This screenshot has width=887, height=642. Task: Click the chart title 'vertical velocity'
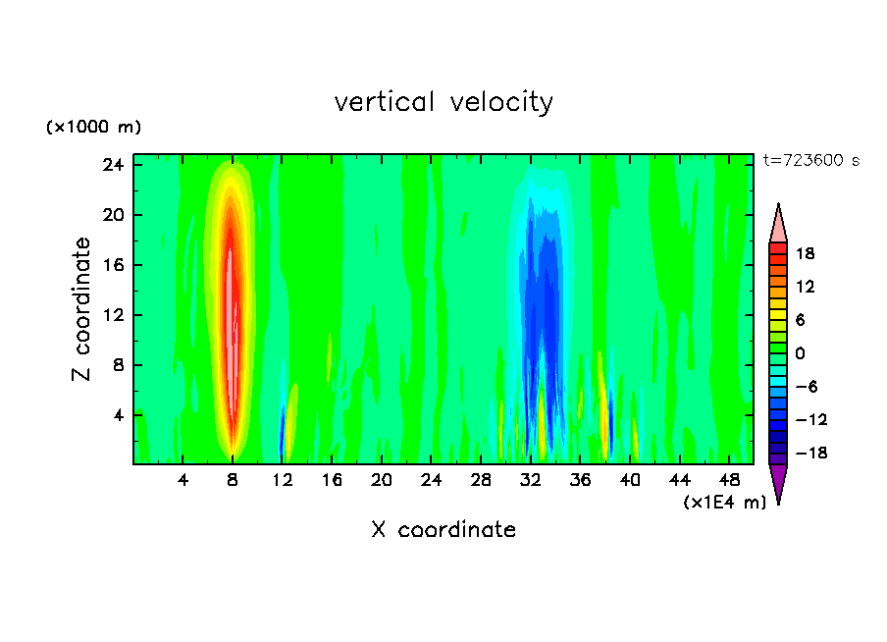pos(443,102)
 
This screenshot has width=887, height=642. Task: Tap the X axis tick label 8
pos(233,480)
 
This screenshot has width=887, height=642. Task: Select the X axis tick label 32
pos(531,480)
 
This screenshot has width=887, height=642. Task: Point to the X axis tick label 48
pos(729,480)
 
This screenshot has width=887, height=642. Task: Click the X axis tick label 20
pos(382,480)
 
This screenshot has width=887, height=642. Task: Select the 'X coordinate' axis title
pos(443,530)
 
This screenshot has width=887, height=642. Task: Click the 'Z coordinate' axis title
pos(82,309)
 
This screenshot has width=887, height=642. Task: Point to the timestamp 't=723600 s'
pos(810,161)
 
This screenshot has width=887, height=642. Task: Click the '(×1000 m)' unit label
pos(94,128)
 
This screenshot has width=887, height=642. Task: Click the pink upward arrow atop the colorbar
pos(778,223)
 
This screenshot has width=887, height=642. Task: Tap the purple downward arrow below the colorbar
pos(778,483)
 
